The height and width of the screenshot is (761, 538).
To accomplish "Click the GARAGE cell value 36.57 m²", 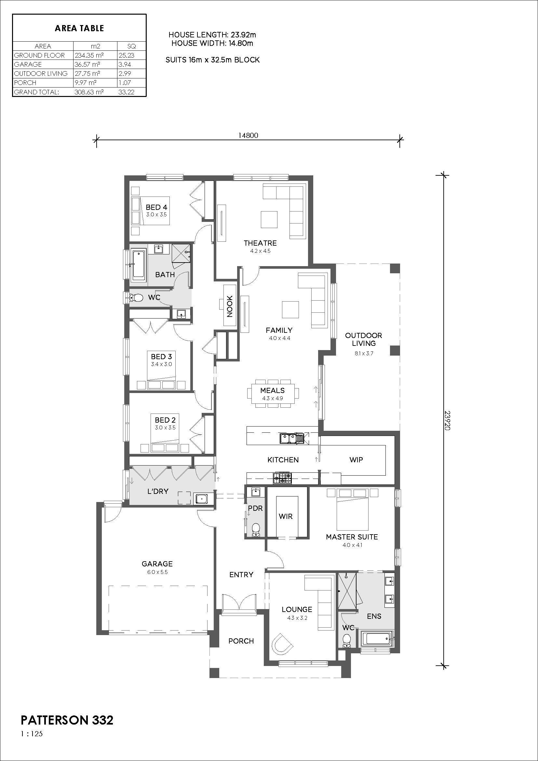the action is pos(87,64).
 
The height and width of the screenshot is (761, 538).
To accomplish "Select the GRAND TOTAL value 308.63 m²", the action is pos(89,92).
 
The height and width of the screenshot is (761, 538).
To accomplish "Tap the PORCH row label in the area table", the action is pos(25,83).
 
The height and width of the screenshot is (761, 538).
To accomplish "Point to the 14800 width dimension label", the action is pos(248,135).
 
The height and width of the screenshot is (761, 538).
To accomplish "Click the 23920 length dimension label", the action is pos(447,421).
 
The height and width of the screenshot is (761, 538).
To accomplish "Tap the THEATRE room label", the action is pos(260,243).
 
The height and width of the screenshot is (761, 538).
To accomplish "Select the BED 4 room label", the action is pos(156,207).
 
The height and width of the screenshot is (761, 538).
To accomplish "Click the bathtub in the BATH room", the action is pos(139,264).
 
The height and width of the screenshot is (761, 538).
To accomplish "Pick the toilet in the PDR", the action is pos(256,530).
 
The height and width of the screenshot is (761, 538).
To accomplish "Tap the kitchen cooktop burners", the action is pos(283,478).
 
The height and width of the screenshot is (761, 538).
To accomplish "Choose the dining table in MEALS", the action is pos(272,393).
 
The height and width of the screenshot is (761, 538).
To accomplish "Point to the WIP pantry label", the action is pos(356,460).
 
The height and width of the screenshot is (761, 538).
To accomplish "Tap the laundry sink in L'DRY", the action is pos(201,498).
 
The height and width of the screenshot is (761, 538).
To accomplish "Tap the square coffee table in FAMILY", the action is pos(290,309).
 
